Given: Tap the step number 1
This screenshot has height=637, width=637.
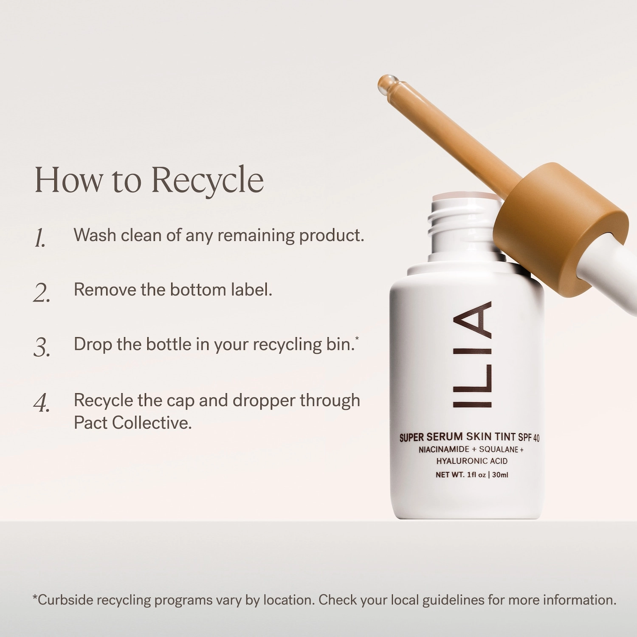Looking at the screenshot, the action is pos(40,238).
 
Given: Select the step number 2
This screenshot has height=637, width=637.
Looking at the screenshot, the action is pos(42,293).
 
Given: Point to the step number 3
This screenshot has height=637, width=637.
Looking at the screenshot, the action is pos(42,347).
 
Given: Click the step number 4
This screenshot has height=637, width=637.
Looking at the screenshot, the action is pos(42,403).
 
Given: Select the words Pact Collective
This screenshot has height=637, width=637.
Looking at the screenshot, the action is pos(132,423).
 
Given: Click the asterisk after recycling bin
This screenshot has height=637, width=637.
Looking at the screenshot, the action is pos(357,338).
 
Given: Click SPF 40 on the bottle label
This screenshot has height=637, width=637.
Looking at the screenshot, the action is pos(528,437).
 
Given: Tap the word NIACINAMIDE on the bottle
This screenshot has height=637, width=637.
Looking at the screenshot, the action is pos(444,449).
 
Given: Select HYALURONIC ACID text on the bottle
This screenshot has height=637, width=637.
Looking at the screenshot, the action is pos(472,461).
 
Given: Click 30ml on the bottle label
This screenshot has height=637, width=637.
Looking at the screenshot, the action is pos(500,475).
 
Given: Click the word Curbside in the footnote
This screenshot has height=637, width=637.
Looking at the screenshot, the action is pos(65,600).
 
